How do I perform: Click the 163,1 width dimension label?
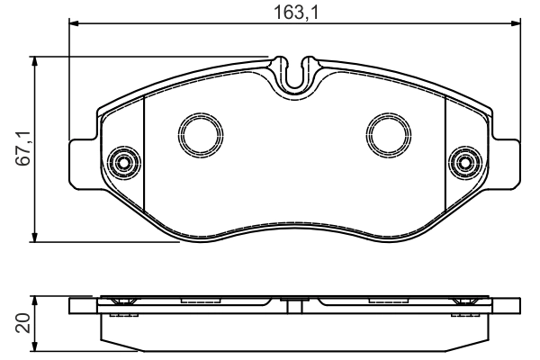[x=296, y=13]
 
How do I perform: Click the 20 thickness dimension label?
[x=23, y=323]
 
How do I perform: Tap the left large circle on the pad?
[x=201, y=135]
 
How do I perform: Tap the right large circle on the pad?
[x=389, y=135]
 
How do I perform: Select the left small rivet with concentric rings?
[x=123, y=163]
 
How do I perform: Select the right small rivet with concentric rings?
[x=465, y=163]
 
